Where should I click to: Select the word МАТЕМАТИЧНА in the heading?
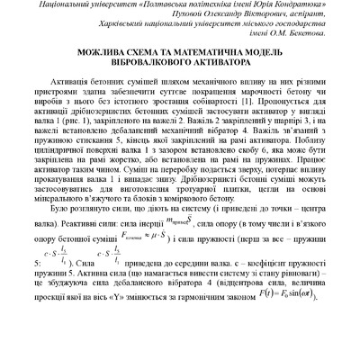coord(216,52)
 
